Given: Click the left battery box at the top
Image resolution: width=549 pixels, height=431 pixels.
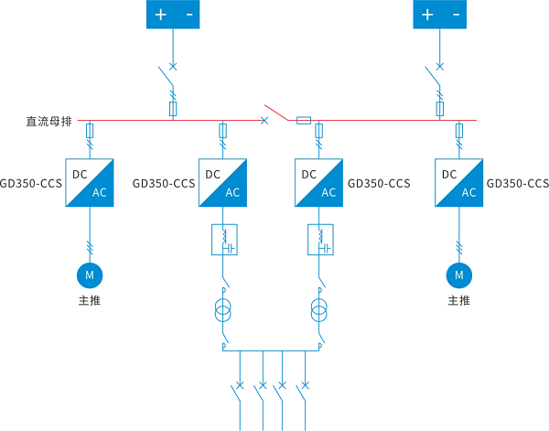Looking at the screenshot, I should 172,15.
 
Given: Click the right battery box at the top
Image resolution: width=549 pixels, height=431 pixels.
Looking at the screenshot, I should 439,15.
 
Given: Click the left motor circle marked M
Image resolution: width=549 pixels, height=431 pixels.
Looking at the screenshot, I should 89,274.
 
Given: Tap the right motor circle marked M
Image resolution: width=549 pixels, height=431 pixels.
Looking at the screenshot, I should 458,274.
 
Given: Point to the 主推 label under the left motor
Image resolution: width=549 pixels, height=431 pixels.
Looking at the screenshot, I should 89,300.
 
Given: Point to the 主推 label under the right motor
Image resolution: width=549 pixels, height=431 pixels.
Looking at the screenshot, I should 458,300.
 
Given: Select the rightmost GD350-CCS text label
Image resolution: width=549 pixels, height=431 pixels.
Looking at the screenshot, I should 518,183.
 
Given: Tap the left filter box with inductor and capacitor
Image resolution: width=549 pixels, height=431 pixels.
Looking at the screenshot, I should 224,240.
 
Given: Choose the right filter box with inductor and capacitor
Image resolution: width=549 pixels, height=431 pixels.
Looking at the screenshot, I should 320,240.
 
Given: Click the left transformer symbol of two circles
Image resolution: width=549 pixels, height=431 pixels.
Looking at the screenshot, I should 223,309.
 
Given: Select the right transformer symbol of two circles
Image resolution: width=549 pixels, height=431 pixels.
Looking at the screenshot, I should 319,309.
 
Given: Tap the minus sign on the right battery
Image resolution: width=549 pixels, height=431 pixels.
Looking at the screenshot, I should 455,15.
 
